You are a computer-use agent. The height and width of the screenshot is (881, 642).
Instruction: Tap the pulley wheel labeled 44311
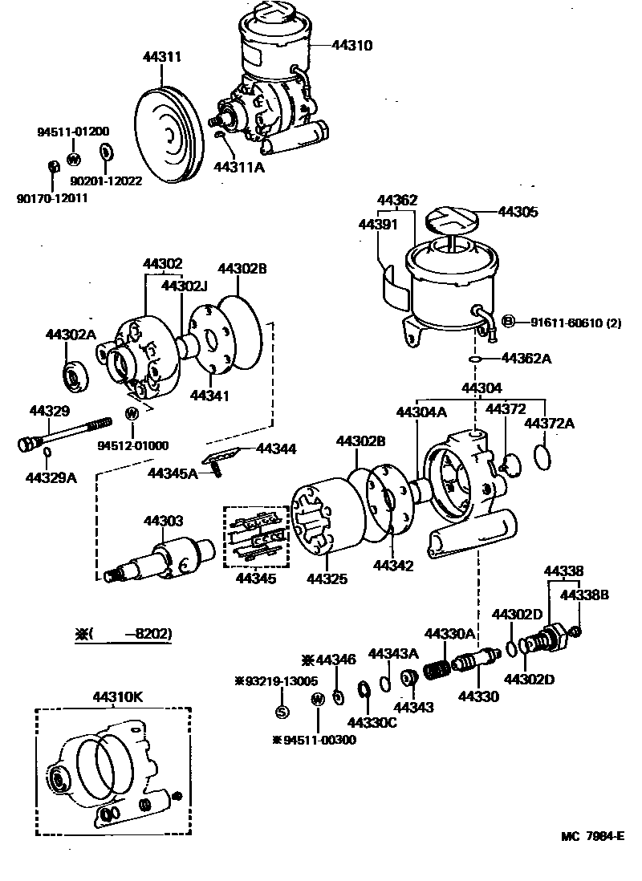point(167,135)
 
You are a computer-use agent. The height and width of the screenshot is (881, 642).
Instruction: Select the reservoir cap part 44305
point(449,220)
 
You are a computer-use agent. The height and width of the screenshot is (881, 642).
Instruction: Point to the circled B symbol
point(507,322)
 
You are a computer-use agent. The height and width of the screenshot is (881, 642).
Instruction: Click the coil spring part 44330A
point(437,668)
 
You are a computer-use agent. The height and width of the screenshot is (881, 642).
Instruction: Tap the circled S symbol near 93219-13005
point(282,711)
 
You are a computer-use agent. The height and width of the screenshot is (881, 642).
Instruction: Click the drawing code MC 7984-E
point(592,835)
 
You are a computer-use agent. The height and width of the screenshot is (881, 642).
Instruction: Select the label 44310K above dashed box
point(117,696)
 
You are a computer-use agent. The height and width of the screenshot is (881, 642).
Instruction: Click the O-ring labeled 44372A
point(543,457)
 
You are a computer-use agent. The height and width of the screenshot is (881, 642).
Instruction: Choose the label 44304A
point(421,412)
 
